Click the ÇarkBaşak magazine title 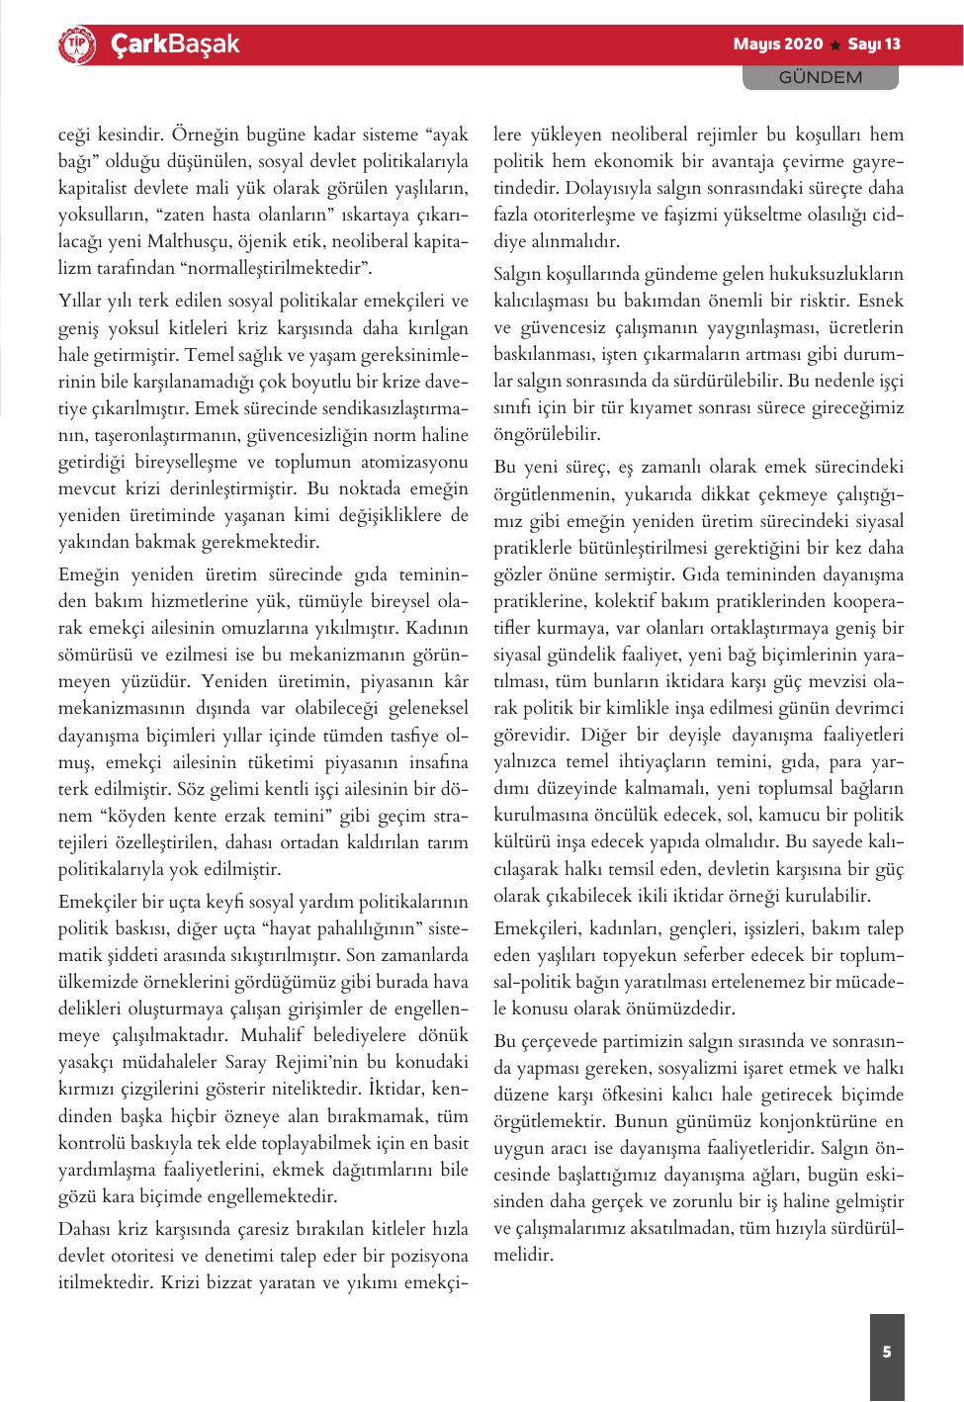[x=174, y=44]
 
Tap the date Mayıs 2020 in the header [x=777, y=44]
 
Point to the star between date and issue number [x=836, y=45]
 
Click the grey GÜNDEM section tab [x=820, y=77]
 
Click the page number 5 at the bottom [x=887, y=1352]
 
